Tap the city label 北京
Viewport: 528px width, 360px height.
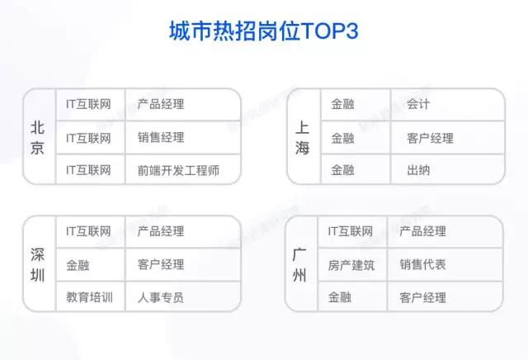click(38, 137)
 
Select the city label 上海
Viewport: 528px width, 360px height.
click(302, 138)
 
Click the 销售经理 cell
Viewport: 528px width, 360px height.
click(161, 137)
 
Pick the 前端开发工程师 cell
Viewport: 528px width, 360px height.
click(178, 170)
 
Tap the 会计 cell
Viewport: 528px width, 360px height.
click(418, 105)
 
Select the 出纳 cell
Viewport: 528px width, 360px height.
click(418, 170)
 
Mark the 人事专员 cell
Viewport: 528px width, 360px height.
click(161, 296)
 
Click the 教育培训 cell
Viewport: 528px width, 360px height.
click(89, 296)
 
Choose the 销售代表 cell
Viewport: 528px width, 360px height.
click(422, 264)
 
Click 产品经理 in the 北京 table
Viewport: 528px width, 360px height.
click(161, 105)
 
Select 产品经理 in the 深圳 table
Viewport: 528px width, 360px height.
click(161, 231)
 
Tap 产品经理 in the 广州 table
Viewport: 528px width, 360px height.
click(422, 231)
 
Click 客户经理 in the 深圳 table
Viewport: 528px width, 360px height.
click(161, 264)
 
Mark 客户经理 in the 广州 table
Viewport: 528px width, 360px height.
click(422, 297)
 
